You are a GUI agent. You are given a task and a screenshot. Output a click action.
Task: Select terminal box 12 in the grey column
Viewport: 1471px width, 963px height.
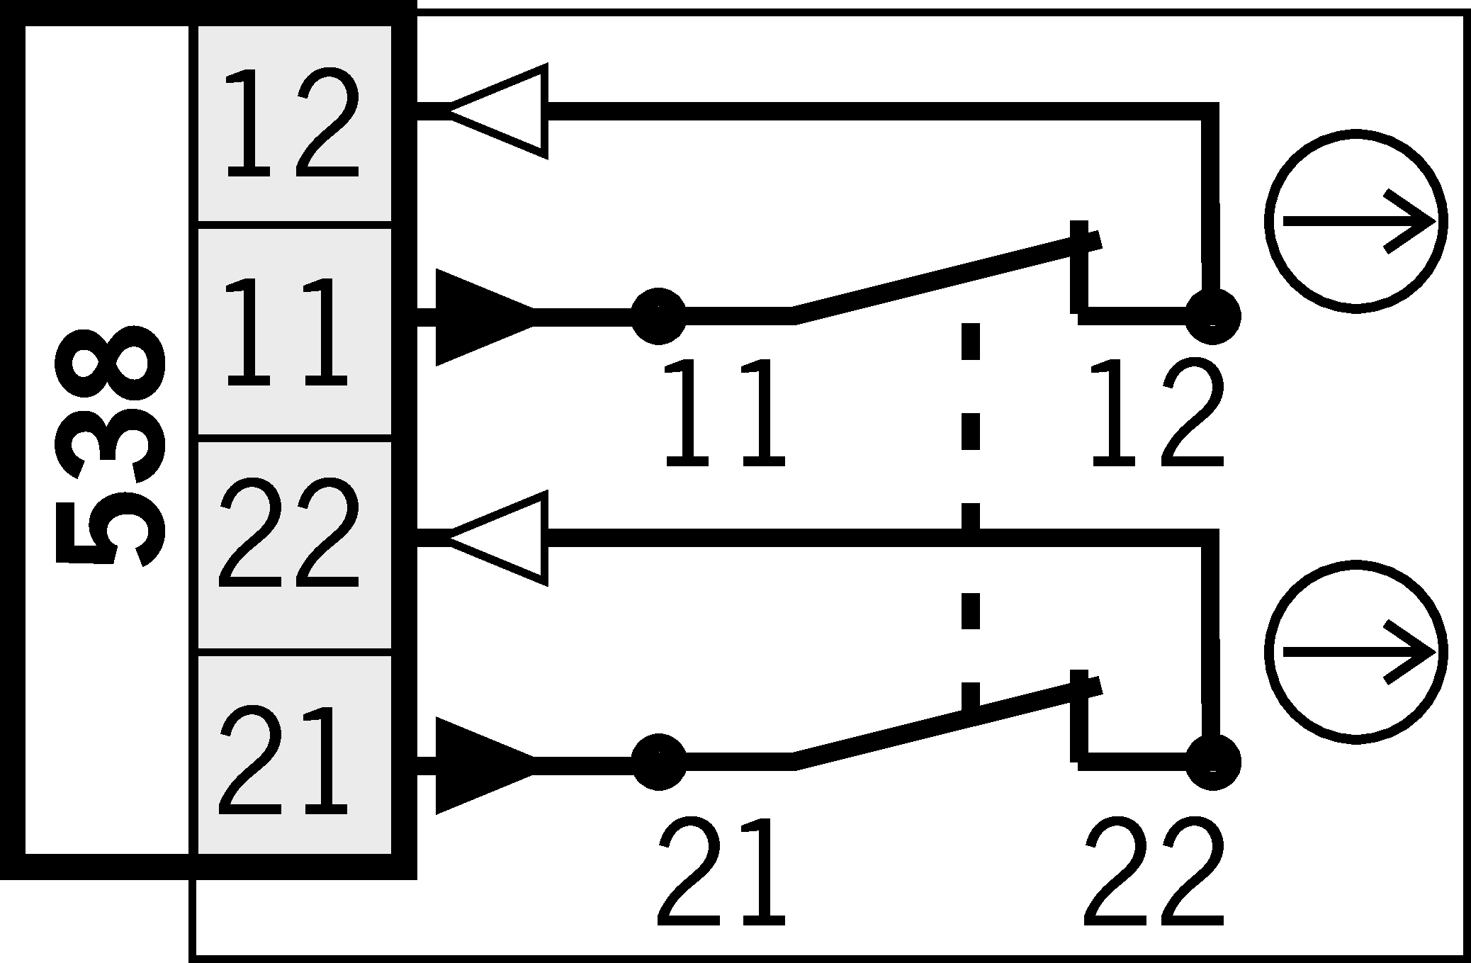click(x=293, y=124)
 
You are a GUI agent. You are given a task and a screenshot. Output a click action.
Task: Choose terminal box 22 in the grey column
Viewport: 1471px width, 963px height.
click(x=293, y=545)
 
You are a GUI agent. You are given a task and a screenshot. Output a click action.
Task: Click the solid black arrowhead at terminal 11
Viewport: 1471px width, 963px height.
click(x=479, y=317)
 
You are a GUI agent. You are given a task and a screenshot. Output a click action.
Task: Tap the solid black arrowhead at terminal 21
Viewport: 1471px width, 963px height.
click(x=479, y=765)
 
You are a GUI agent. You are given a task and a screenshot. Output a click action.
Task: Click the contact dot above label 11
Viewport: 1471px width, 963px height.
click(x=658, y=316)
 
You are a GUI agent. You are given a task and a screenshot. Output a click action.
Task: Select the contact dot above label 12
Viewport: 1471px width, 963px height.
click(x=1212, y=316)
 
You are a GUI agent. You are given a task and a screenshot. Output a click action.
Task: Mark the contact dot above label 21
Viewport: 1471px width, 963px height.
click(x=658, y=762)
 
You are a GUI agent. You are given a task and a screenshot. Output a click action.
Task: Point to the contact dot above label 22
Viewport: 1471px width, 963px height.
click(x=1212, y=762)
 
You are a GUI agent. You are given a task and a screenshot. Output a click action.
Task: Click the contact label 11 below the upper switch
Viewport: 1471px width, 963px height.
click(x=724, y=412)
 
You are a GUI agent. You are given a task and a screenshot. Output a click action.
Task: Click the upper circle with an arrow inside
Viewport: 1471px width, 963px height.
click(x=1355, y=221)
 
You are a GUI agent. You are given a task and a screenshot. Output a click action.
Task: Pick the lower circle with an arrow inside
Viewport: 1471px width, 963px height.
click(x=1355, y=652)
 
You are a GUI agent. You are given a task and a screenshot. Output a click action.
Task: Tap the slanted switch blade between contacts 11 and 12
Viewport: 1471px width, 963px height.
click(x=942, y=279)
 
